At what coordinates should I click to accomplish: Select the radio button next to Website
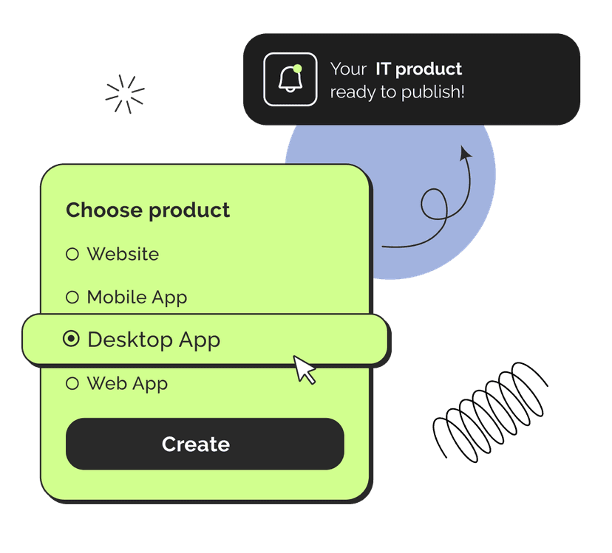(x=72, y=254)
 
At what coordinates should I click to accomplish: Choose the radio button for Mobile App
(x=72, y=298)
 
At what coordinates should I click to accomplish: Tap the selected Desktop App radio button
(x=72, y=339)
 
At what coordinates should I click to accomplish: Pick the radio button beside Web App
(x=72, y=383)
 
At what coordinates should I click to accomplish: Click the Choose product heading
(x=148, y=210)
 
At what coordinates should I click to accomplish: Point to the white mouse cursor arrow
(x=304, y=369)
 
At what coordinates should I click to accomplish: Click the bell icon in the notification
(x=290, y=80)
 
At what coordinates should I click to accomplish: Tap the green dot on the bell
(x=297, y=69)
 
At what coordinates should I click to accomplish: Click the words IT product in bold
(x=418, y=69)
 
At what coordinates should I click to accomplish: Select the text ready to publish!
(x=397, y=92)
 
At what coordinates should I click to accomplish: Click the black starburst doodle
(x=124, y=95)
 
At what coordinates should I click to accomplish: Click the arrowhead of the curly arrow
(x=465, y=153)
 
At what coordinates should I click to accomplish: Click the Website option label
(x=123, y=254)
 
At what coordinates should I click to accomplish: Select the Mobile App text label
(x=137, y=298)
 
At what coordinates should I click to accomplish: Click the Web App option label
(x=127, y=383)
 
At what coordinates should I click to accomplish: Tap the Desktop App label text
(x=154, y=340)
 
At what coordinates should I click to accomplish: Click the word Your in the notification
(x=348, y=69)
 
